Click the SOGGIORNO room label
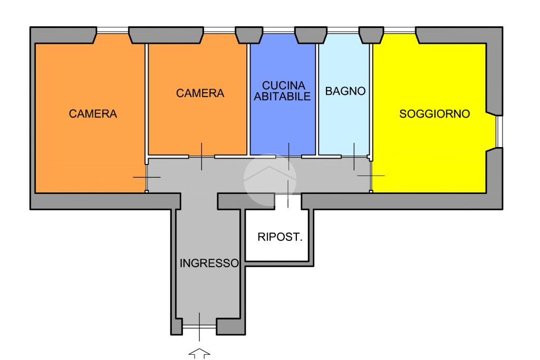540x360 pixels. point(435,114)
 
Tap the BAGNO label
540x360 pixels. point(345,91)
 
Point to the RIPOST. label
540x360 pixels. point(280,237)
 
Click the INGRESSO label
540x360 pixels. point(209,264)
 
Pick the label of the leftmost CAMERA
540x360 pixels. point(93,114)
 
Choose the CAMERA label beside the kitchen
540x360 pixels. point(200,93)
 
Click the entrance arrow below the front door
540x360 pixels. point(199,354)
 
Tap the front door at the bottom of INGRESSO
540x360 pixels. point(199,327)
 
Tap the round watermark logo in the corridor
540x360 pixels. point(269,179)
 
